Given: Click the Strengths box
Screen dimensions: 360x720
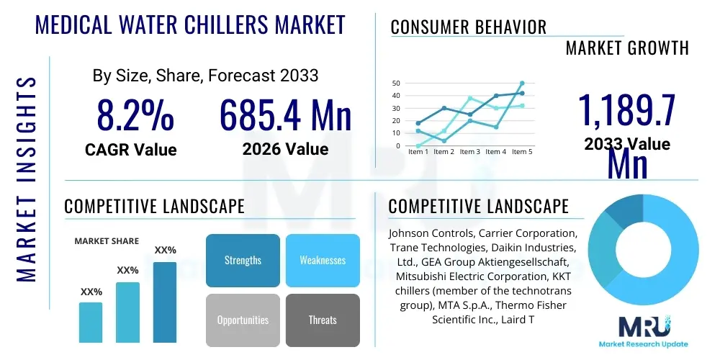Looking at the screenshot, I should [x=243, y=260].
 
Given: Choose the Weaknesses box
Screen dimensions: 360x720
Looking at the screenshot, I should [x=323, y=260].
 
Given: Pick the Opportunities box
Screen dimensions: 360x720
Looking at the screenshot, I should [x=243, y=320].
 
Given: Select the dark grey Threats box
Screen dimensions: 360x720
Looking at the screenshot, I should [x=323, y=320].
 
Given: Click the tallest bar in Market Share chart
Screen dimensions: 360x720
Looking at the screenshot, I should [x=164, y=302].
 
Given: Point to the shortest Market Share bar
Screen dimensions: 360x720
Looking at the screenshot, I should [x=91, y=322].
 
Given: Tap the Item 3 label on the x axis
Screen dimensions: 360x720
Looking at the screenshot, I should [x=469, y=152].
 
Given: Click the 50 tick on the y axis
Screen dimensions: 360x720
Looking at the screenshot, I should [x=395, y=84].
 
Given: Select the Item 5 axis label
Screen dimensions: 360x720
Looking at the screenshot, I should [x=521, y=152].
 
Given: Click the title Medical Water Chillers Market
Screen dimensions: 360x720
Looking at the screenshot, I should [x=190, y=24].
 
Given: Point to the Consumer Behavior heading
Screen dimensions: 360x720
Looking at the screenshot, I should [x=468, y=27].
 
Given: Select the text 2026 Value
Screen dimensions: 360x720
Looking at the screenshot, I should [x=285, y=149].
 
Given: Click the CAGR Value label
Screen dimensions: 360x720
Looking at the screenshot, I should [x=130, y=149].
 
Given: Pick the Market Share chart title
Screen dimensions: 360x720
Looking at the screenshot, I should [x=107, y=241].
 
